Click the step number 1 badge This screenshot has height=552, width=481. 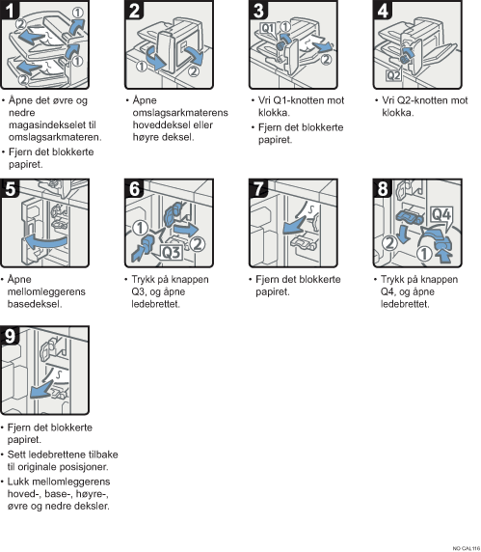[10, 10]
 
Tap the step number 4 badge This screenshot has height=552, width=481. [383, 10]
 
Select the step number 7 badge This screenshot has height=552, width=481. [258, 188]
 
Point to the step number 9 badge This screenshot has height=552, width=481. [10, 336]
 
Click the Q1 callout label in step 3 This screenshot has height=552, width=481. [268, 28]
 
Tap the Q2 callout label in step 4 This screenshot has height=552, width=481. [393, 75]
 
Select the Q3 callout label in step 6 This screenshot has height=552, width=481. [172, 252]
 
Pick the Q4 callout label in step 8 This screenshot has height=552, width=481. [441, 213]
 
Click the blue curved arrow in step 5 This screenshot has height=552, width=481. [44, 242]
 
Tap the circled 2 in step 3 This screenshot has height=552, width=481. [327, 59]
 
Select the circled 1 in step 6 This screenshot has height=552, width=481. [141, 228]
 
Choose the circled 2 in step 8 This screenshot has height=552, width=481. [389, 243]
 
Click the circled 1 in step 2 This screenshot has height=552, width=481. [142, 67]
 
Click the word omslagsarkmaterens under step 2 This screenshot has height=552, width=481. [180, 113]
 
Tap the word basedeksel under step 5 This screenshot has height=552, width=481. [35, 304]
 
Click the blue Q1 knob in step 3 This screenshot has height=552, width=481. [281, 45]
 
